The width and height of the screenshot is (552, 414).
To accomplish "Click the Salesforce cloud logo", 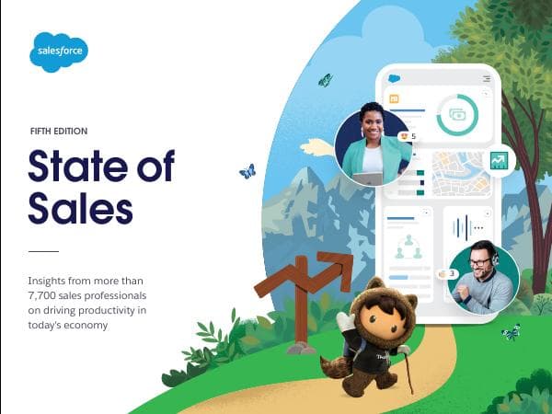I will coord(59,52).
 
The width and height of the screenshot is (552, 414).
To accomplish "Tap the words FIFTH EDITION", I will coord(58,132).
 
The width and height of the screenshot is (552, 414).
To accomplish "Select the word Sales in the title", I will coord(80,208).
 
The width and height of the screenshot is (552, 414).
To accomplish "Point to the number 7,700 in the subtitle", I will coord(49,294).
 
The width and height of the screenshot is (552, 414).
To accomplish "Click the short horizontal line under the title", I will coord(43,251).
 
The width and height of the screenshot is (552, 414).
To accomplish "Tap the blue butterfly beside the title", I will coord(247,171).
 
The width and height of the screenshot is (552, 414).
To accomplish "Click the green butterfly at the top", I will coord(325,80).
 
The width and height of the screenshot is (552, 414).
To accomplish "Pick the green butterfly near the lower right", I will coord(510,331).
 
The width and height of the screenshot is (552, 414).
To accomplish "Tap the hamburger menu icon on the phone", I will coord(487,79).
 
